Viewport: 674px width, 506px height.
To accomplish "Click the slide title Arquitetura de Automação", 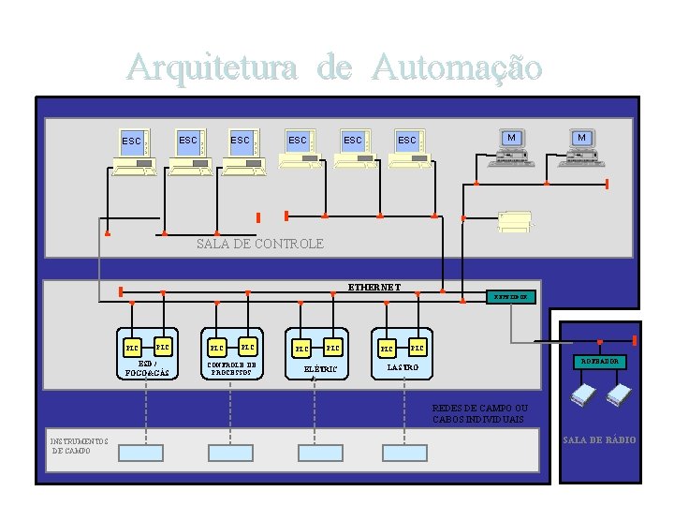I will click(335, 67).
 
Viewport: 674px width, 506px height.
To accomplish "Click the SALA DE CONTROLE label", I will click(260, 244).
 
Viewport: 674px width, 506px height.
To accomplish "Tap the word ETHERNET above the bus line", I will click(374, 287).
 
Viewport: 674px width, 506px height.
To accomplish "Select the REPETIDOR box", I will click(511, 297).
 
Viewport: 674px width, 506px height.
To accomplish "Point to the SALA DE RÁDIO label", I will click(600, 439).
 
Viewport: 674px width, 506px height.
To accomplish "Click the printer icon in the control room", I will click(515, 221).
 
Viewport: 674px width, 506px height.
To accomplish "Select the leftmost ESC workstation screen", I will click(132, 141).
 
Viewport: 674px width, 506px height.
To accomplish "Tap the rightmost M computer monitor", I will click(582, 138).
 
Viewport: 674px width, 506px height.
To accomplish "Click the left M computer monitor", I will click(510, 138).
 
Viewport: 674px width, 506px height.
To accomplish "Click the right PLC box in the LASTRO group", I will click(418, 349).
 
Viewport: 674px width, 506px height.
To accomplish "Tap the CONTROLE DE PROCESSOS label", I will click(233, 368).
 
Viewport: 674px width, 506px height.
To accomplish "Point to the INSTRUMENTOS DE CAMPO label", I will click(79, 445).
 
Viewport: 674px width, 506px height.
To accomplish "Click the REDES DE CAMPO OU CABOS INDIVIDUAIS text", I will click(480, 413).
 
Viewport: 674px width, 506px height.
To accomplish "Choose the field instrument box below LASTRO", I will click(405, 451).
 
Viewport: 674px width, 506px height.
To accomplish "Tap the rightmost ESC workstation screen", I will click(407, 141).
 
